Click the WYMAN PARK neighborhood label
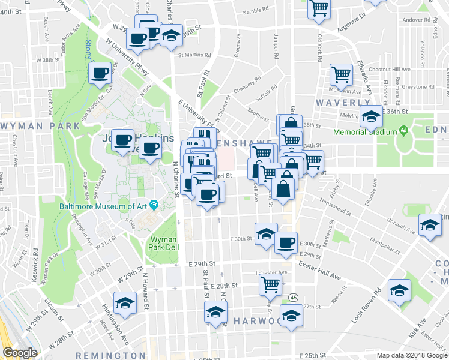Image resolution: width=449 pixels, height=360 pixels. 40,126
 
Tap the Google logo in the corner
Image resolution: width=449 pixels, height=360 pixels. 20,353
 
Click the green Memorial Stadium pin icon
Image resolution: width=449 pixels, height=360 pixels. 403,131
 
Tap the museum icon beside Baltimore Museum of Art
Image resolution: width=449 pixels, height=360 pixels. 154,206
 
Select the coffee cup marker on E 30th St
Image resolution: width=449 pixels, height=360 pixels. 286,242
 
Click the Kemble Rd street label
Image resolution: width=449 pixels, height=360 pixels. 255,11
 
